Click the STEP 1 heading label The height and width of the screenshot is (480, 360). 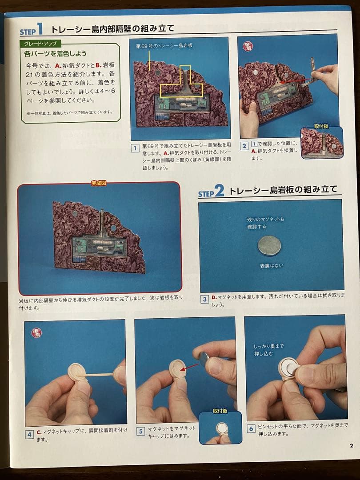[32, 31]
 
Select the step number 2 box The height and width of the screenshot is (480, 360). [244, 146]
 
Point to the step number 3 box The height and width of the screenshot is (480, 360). [204, 299]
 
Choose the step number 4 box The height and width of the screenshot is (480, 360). [29, 434]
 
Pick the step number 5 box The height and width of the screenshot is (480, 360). [140, 431]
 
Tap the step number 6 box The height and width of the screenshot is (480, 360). [251, 428]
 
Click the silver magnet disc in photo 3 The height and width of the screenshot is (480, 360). [269, 246]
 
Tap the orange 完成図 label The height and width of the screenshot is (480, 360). [100, 183]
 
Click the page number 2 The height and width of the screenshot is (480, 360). [351, 446]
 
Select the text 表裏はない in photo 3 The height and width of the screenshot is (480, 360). [272, 266]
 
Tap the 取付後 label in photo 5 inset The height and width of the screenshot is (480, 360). [220, 411]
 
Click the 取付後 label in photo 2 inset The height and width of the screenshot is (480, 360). [321, 126]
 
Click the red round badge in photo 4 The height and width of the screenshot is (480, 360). [36, 332]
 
